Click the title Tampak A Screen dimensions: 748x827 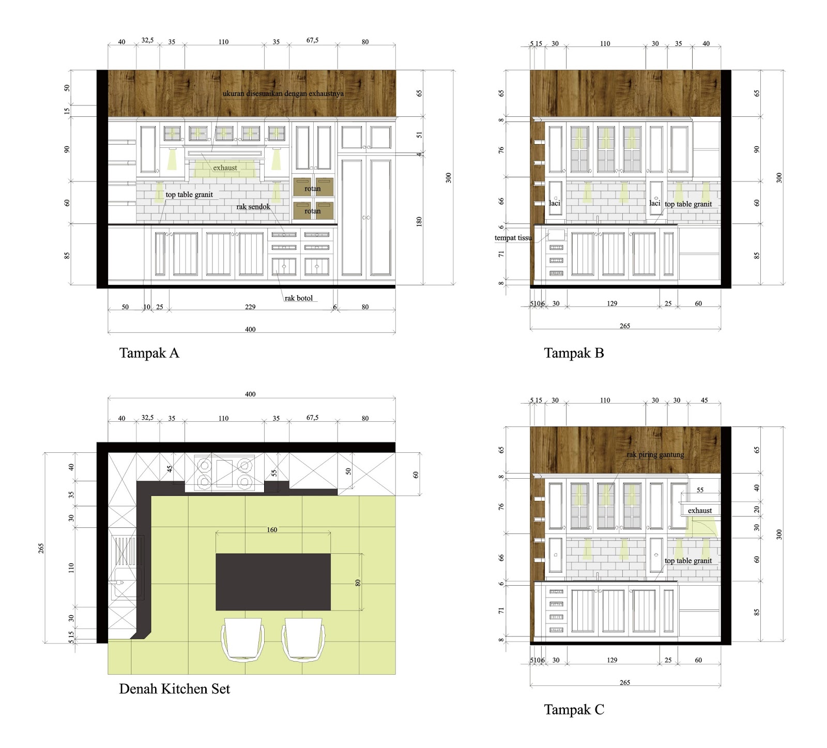click(x=149, y=353)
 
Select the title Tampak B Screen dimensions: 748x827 click(x=574, y=353)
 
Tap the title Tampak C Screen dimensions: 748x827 click(x=574, y=710)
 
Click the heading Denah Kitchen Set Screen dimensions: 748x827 click(x=174, y=689)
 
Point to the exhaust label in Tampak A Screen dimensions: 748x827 click(x=225, y=168)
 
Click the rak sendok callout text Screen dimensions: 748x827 click(x=253, y=207)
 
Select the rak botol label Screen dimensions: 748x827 click(x=298, y=298)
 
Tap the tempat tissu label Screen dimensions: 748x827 click(x=513, y=238)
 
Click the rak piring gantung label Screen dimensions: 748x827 click(x=655, y=455)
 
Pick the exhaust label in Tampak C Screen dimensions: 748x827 click(x=700, y=511)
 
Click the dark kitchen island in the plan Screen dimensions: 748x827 click(x=273, y=582)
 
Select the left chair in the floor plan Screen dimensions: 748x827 click(x=242, y=640)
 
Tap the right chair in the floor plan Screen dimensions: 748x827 click(x=303, y=640)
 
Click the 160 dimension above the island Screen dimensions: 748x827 click(x=272, y=530)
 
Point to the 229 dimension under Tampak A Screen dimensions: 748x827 click(x=250, y=307)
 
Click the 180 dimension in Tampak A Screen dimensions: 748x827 click(x=419, y=221)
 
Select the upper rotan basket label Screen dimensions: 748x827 click(x=312, y=189)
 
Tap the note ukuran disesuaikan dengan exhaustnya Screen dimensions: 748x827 click(x=283, y=94)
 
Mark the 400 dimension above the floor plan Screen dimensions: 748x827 click(x=250, y=394)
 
